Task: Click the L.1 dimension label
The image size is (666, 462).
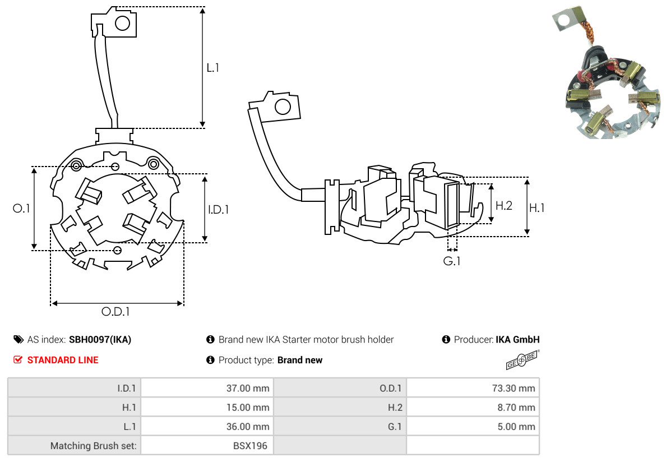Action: point(212,68)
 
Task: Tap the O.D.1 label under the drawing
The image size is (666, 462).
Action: point(119,312)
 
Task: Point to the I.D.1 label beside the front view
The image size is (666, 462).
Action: point(218,210)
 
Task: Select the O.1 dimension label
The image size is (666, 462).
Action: point(22,209)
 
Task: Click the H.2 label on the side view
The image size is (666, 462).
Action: point(503,206)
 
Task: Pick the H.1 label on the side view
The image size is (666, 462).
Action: point(536,208)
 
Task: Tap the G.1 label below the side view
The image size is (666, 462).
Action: point(452,261)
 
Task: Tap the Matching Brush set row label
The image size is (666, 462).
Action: point(95,446)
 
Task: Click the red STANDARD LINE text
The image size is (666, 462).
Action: point(62,360)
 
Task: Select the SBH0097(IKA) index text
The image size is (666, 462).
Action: point(100,339)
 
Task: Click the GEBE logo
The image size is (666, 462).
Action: point(522,361)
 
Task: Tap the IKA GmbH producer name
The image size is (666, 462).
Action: point(517,339)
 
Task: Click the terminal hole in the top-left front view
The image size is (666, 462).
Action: point(122,23)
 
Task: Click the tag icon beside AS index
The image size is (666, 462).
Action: point(18,339)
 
